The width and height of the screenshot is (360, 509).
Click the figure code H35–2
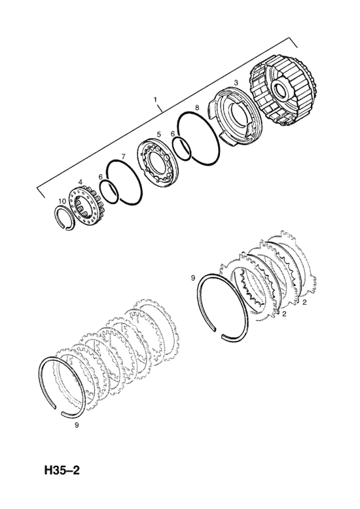pyautogui.click(x=62, y=470)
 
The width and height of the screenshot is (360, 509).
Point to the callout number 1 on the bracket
pyautogui.click(x=155, y=98)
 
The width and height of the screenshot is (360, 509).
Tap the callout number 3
pyautogui.click(x=236, y=82)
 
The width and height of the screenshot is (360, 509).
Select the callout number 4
pyautogui.click(x=81, y=182)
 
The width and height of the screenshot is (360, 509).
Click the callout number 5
pyautogui.click(x=158, y=134)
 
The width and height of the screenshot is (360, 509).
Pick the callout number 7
pyautogui.click(x=123, y=156)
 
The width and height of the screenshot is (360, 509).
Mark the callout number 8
pyautogui.click(x=197, y=107)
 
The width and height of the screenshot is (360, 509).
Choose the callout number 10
pyautogui.click(x=62, y=202)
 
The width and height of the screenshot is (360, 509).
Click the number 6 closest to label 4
pyautogui.click(x=100, y=176)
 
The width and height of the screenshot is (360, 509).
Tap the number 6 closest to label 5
pyautogui.click(x=173, y=133)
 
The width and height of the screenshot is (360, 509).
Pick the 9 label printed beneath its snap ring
pyautogui.click(x=77, y=425)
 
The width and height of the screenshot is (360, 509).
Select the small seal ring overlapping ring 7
pyautogui.click(x=109, y=193)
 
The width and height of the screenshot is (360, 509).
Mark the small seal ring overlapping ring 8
pyautogui.click(x=181, y=148)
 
